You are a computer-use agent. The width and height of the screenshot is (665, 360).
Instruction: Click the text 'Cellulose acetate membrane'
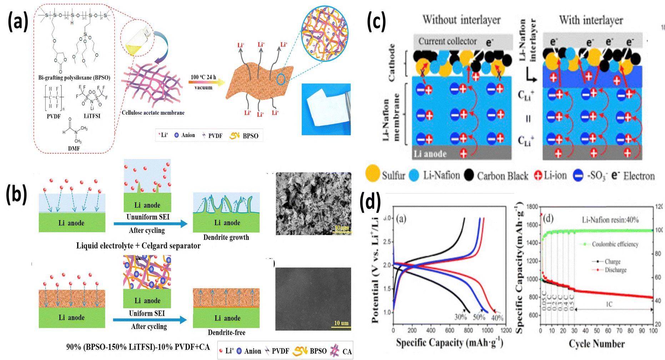click(153, 113)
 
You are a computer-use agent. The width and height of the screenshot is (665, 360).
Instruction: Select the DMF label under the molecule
click(74, 149)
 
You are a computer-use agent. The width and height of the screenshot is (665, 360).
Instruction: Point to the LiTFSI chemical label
click(92, 116)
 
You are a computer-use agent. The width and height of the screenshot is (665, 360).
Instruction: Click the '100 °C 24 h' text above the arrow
click(203, 77)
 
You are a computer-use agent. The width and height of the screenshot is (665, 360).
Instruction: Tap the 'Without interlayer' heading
click(461, 20)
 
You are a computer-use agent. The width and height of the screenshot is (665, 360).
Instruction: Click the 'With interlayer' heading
click(591, 20)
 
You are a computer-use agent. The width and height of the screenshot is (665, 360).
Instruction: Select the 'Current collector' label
click(447, 41)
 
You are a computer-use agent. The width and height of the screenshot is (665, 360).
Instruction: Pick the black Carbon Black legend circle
click(469, 175)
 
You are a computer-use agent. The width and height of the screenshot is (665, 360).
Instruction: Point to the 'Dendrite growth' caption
click(226, 237)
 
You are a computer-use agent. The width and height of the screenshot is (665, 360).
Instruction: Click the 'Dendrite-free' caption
click(226, 332)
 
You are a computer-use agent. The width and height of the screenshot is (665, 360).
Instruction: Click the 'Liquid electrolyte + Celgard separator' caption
click(138, 246)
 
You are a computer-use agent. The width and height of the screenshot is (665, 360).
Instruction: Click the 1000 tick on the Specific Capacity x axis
click(488, 330)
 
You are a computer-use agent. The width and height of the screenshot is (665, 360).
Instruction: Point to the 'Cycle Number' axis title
click(596, 344)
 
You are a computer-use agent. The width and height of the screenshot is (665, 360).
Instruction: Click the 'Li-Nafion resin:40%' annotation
click(610, 220)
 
